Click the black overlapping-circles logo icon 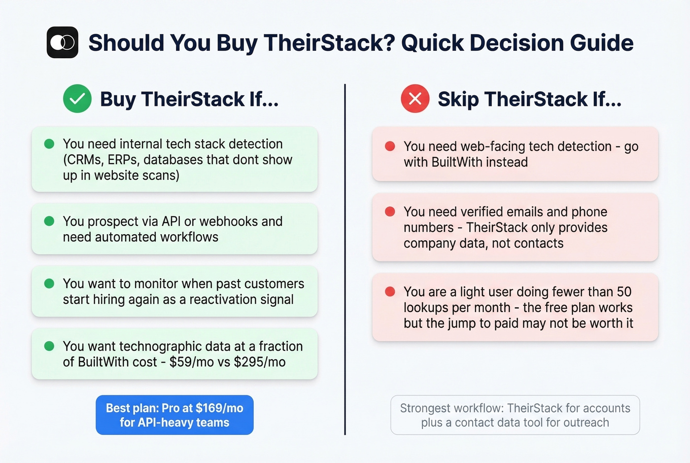63,42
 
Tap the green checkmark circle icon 77,99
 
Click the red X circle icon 415,99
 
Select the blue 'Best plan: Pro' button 174,415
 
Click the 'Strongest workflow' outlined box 515,415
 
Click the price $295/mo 260,362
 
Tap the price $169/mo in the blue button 219,408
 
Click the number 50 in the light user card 624,291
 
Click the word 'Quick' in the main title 432,43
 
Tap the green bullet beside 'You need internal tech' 49,144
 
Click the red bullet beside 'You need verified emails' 390,212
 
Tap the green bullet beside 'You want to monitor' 49,284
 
